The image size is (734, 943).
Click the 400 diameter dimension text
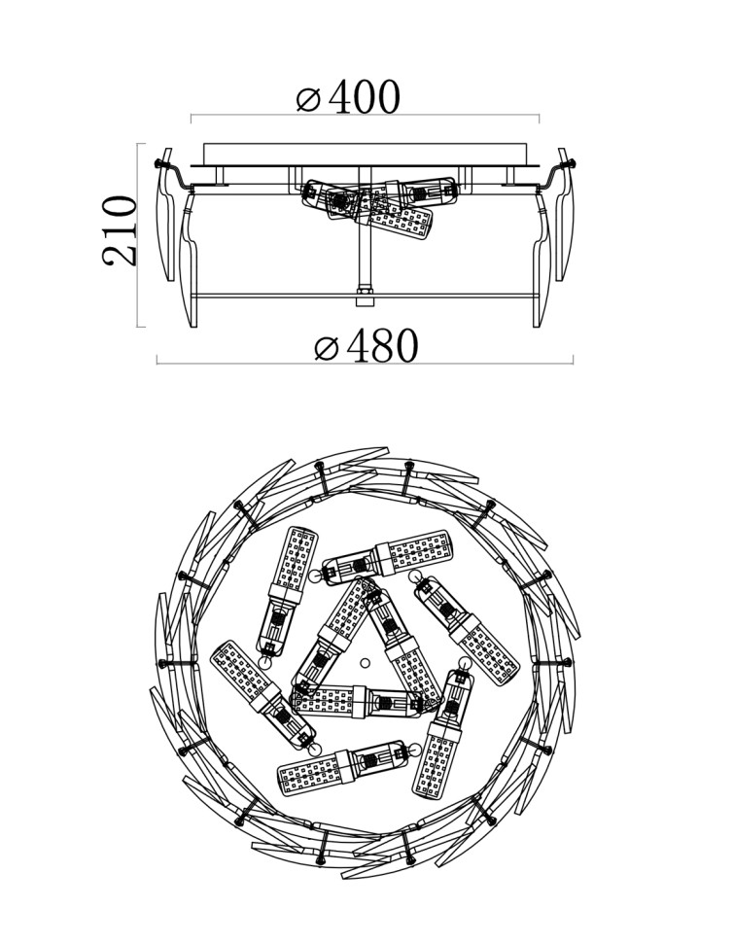click(x=365, y=97)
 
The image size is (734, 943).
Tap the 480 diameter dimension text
click(x=384, y=347)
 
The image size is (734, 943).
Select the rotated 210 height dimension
click(x=122, y=230)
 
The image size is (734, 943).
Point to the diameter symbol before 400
click(x=308, y=99)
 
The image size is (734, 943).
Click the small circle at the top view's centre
click(x=366, y=664)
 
